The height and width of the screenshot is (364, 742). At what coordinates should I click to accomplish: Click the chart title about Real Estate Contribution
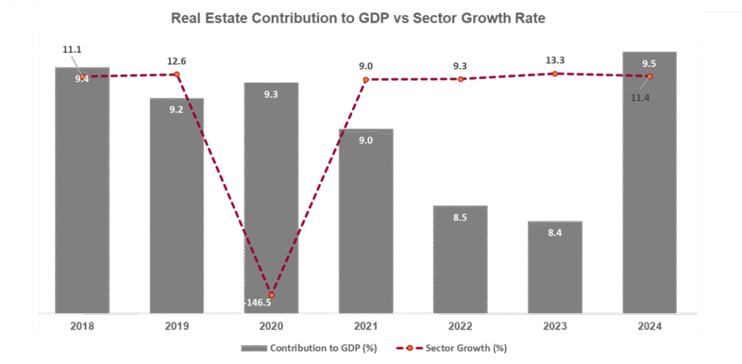pyautogui.click(x=358, y=18)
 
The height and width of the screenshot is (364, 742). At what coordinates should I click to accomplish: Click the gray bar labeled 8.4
pyautogui.click(x=554, y=268)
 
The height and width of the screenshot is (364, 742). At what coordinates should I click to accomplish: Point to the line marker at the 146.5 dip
pyautogui.click(x=272, y=295)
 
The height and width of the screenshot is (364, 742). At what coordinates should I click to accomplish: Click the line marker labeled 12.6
pyautogui.click(x=177, y=74)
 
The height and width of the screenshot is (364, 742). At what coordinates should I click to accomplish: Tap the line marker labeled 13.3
pyautogui.click(x=555, y=73)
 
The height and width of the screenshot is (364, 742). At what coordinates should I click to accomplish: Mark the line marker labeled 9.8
pyautogui.click(x=460, y=78)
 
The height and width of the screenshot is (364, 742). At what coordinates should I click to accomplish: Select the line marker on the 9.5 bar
pyautogui.click(x=649, y=76)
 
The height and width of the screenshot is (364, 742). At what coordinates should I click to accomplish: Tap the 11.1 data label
pyautogui.click(x=72, y=49)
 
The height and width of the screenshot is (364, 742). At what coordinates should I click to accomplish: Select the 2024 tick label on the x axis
pyautogui.click(x=649, y=326)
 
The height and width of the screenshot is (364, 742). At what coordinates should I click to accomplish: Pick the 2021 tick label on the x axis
pyautogui.click(x=366, y=326)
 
